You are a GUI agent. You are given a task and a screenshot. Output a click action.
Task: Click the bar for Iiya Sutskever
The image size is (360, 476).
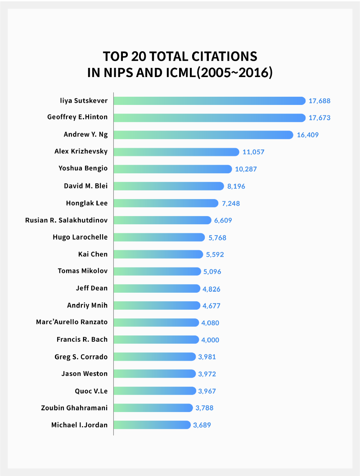tap(209, 100)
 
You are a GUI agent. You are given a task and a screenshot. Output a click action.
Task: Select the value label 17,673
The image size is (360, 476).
tap(319, 118)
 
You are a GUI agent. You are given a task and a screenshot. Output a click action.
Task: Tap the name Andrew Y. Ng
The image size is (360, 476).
tap(85, 135)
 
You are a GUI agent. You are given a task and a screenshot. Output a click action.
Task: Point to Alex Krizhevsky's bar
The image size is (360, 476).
tap(176, 152)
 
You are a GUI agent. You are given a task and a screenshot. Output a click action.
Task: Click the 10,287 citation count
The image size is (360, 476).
tap(246, 169)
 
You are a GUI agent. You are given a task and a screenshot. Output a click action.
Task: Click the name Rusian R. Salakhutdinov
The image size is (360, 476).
tap(67, 220)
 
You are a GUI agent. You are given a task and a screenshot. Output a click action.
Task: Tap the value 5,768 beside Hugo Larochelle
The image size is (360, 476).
tap(219, 237)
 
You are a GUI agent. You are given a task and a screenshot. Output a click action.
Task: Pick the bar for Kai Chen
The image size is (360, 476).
tap(158, 254)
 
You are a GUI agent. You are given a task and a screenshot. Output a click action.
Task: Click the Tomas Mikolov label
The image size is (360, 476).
tap(83, 271)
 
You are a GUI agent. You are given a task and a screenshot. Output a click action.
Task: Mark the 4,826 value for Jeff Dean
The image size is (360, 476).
tap(211, 289)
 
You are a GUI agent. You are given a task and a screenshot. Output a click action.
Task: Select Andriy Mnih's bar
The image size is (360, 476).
tap(157, 305)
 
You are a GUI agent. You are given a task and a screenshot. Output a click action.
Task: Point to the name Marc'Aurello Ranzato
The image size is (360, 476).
tap(72, 322)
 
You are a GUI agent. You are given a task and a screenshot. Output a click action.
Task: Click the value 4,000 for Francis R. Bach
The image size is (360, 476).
tap(210, 340)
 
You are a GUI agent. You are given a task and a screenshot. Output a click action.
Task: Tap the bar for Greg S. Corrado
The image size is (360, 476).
tap(154, 357)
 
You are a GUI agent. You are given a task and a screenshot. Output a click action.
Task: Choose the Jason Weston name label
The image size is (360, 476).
tap(85, 374)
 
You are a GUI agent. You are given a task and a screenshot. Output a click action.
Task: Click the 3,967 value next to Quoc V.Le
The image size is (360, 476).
tap(207, 391)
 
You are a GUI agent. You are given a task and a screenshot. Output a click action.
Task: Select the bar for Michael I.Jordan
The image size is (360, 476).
tap(152, 425)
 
